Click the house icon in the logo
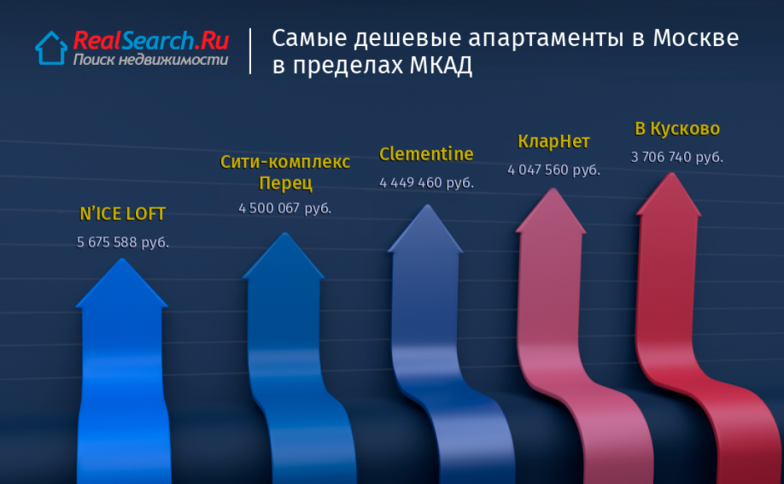(51, 48)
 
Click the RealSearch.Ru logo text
(151, 40)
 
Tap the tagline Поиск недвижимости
(150, 60)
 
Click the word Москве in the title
(695, 38)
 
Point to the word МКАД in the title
(441, 65)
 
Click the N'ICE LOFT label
(122, 214)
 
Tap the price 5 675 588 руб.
(122, 242)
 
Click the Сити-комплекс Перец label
(285, 172)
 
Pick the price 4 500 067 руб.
(284, 208)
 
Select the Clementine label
(426, 154)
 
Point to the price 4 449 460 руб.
(426, 183)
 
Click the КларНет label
(553, 142)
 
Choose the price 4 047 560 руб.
(553, 170)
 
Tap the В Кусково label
(677, 129)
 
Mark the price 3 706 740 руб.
(677, 157)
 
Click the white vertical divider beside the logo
(250, 51)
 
